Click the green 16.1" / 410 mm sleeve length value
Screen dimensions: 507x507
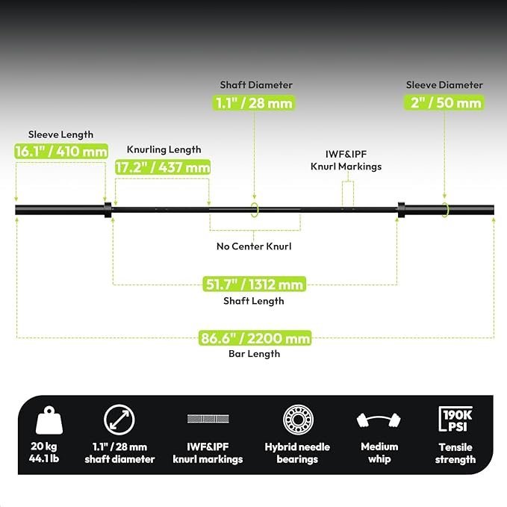61,151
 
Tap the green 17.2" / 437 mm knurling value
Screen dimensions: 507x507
163,167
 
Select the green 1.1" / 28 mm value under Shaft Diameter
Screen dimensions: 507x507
254,103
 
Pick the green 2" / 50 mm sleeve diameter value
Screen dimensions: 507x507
444,102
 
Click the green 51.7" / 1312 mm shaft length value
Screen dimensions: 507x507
254,284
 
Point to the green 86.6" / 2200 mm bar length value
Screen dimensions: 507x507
255,338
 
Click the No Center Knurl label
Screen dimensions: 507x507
254,246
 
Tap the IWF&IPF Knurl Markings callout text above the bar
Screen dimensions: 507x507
346,161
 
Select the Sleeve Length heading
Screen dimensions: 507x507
60,134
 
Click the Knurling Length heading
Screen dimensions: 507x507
164,149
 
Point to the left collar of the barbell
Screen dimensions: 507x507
108,210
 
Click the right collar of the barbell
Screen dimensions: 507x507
401,210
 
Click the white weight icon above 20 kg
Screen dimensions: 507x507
49,420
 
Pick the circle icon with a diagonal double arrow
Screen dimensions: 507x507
119,420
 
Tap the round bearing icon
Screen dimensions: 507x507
298,420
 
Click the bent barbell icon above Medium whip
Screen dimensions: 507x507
379,420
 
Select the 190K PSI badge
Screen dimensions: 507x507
455,419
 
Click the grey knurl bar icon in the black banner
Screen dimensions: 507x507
208,419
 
